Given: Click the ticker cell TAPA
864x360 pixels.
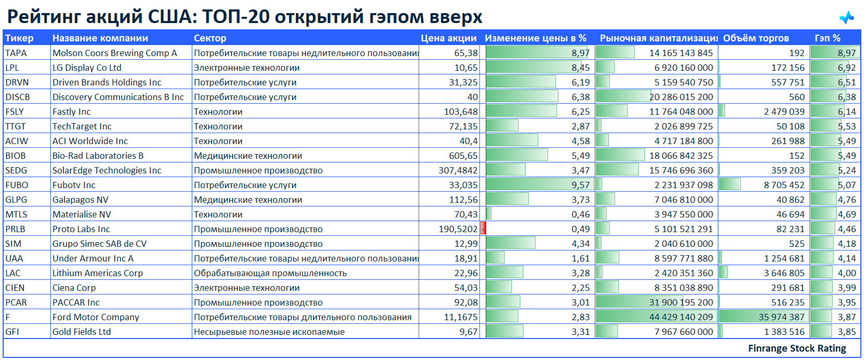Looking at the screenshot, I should [16, 53].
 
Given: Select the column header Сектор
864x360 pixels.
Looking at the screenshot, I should [210, 38].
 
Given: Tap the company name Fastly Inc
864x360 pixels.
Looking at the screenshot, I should [71, 112].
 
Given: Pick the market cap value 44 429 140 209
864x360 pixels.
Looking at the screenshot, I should [681, 317].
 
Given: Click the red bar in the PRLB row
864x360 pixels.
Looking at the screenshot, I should [484, 229].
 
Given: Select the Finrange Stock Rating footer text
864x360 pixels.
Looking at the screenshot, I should [796, 348].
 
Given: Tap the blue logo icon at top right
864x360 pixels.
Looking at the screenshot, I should [846, 18].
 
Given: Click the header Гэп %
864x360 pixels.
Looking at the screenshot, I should [827, 38].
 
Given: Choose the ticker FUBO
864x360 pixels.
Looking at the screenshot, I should [17, 185].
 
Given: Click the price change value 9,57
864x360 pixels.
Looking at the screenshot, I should [581, 185].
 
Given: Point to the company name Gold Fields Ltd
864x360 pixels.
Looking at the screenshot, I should [82, 332].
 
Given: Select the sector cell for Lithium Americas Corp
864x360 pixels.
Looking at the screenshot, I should [270, 273].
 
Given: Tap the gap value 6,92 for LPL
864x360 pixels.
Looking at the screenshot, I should [846, 68].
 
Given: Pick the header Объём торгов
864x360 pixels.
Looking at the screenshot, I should [756, 38].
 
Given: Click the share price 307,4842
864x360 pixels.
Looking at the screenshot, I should [458, 170].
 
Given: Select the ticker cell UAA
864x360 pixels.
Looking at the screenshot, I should [14, 258].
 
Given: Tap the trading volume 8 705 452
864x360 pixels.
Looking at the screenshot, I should [784, 185].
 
